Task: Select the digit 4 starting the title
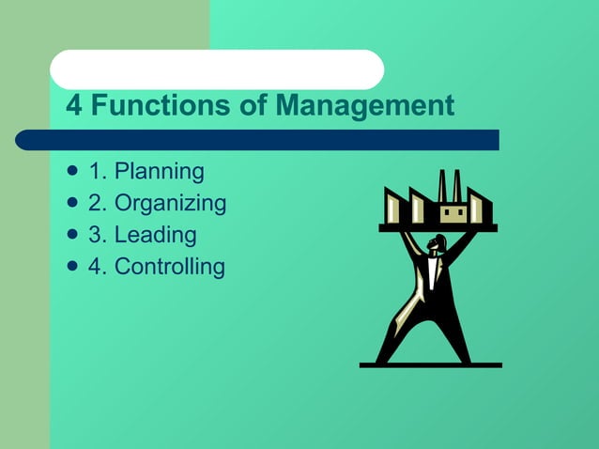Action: click(73, 105)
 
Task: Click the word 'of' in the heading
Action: click(252, 105)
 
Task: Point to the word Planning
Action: click(159, 172)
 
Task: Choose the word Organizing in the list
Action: click(170, 203)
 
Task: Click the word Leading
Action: click(155, 235)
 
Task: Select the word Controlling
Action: click(170, 267)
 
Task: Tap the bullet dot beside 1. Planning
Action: click(72, 172)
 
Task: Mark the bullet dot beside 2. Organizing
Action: click(72, 203)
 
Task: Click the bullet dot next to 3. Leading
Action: click(72, 235)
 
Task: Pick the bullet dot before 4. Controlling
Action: click(72, 267)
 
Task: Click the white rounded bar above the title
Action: click(217, 70)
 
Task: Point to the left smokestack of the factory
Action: click(441, 185)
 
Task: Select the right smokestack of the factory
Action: click(457, 185)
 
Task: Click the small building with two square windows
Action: click(453, 213)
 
